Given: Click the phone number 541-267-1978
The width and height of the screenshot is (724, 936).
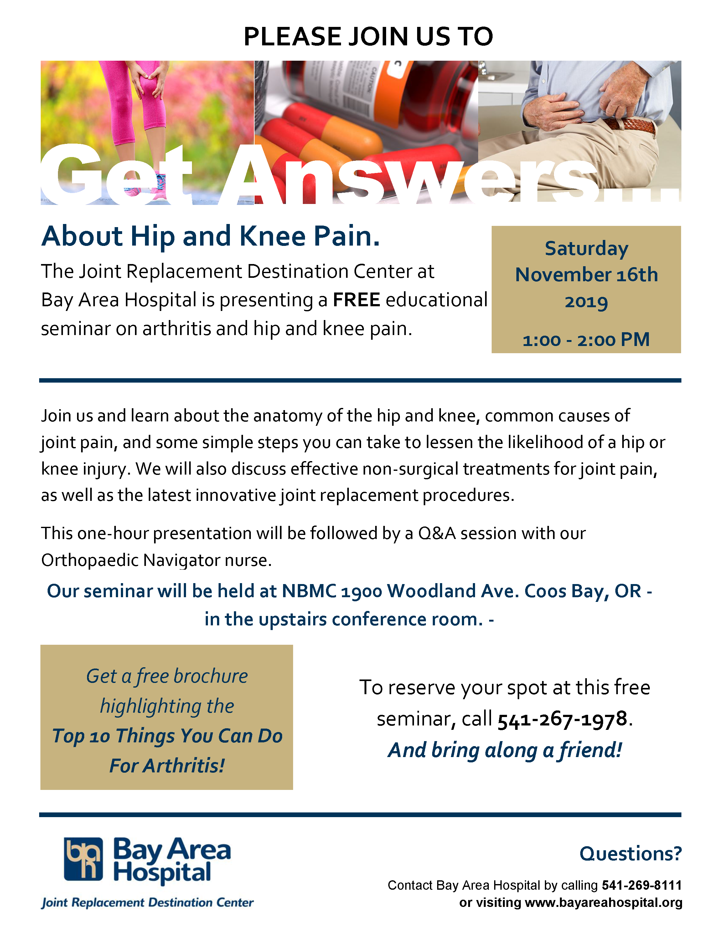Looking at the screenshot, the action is (x=562, y=719).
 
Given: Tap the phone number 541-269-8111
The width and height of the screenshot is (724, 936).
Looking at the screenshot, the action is (x=642, y=885).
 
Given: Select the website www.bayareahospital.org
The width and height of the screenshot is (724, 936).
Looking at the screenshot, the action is (x=603, y=903).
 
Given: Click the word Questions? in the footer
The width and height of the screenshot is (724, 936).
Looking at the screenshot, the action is (x=630, y=853).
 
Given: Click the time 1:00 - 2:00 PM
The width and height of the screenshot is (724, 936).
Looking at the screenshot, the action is (x=586, y=339).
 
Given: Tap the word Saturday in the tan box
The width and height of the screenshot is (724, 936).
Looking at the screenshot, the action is (x=586, y=249).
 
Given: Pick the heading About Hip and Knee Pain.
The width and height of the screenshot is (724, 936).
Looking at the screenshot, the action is (x=211, y=237).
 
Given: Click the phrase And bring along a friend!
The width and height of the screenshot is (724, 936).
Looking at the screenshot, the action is (x=505, y=750).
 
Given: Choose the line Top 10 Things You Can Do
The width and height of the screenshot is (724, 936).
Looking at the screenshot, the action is (x=167, y=736).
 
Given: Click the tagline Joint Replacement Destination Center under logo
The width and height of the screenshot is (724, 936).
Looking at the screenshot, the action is (x=147, y=903).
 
